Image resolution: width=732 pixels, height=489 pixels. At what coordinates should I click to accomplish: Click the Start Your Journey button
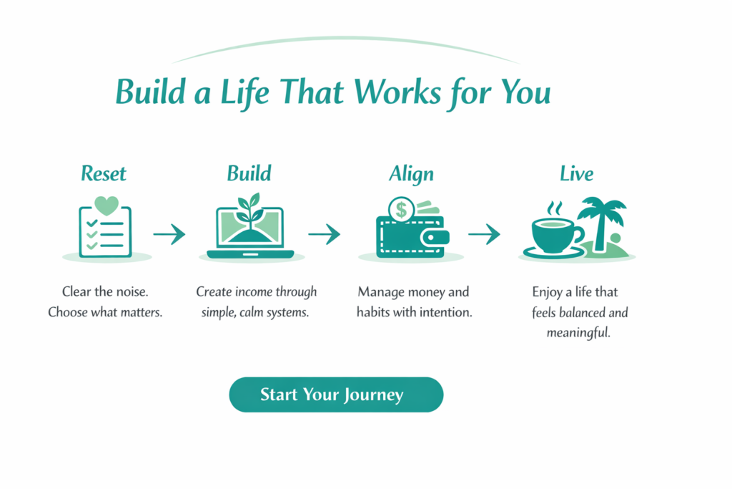point(336,394)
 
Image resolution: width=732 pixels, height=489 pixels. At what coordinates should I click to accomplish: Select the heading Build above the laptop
point(249,173)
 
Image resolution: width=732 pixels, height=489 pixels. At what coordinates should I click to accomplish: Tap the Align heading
point(411,173)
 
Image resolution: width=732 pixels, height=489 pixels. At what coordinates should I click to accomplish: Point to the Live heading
point(576,173)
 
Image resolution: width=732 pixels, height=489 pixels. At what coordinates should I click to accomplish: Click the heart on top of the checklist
point(106,205)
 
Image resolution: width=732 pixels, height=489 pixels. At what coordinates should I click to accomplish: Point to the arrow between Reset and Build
point(169,234)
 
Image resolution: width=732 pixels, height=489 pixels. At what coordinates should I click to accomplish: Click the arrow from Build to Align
point(324,234)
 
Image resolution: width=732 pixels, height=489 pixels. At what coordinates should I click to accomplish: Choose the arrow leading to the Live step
point(484,234)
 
